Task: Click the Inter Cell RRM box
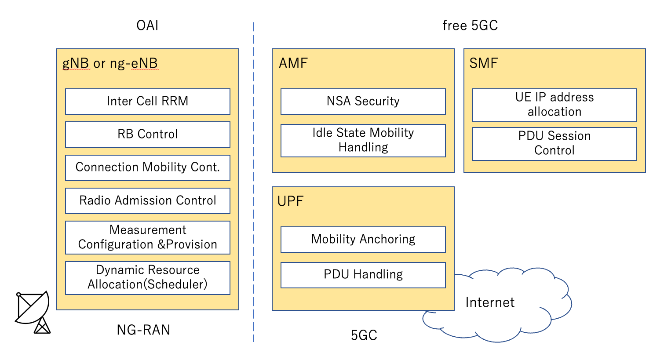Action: pos(147,102)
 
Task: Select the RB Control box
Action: pos(147,135)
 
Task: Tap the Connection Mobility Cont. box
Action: pos(147,167)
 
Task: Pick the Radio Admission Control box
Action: pos(147,201)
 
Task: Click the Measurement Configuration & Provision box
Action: pos(147,237)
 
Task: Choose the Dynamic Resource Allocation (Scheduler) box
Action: pos(147,278)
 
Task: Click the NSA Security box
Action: pos(363,102)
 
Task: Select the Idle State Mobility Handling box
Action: pos(363,140)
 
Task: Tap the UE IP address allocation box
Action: pos(555,105)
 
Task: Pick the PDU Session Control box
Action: pos(555,144)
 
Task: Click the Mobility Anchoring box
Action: pos(363,240)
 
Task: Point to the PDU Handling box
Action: pos(363,275)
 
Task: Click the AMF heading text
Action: pos(293,64)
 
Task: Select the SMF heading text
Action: pos(483,64)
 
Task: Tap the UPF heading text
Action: pos(290,202)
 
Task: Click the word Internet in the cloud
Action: pos(490,303)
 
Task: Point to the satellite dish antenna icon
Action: pos(33,311)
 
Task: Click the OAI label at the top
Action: pos(147,25)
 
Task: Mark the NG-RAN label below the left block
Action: pos(143,330)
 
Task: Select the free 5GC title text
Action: pos(470,25)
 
